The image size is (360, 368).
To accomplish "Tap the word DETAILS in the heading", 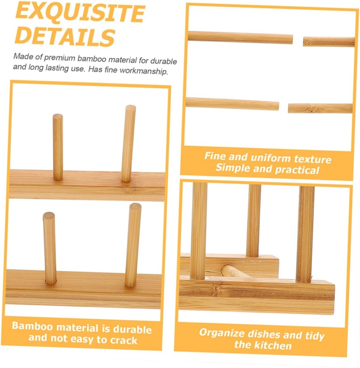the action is [x=65, y=36].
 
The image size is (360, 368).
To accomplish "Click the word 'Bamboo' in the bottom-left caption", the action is [x=32, y=326].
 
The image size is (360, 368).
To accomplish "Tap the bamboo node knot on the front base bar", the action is [x=217, y=290].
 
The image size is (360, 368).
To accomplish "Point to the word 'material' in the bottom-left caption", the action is [x=77, y=328].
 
